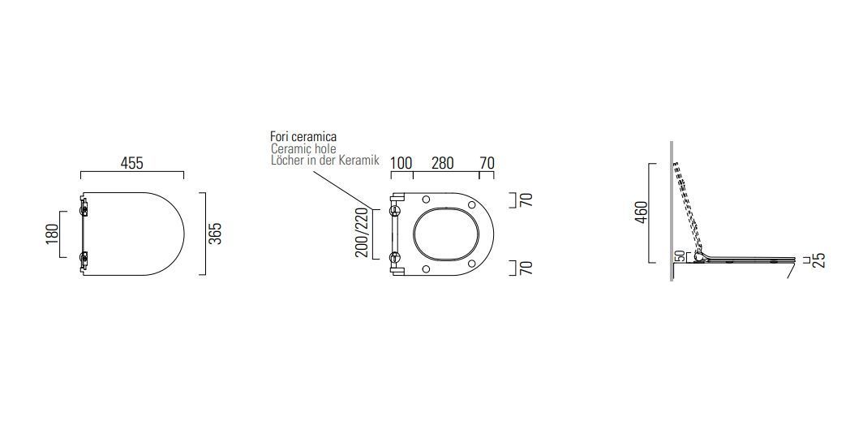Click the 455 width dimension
pos(131,163)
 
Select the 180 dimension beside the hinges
pos(52,234)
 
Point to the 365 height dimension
pos(215,234)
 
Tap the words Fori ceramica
pos(303,137)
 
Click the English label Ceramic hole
pos(303,149)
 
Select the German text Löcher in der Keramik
pos(324,161)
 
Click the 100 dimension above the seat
pos(401,163)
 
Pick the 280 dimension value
pos(442,163)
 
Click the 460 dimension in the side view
pos(642,212)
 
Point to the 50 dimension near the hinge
pos(680,256)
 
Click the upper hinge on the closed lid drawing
pos(84,209)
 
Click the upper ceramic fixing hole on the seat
pos(395,211)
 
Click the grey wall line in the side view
pos(672,211)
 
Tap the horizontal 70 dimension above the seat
pos(487,163)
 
